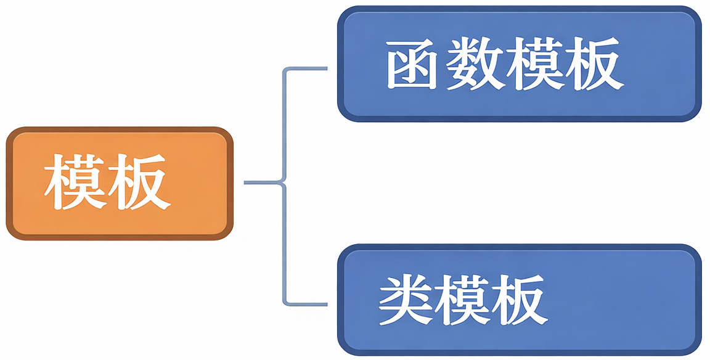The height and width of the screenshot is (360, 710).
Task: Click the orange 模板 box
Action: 120,183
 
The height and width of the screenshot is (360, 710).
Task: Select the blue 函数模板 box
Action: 519,63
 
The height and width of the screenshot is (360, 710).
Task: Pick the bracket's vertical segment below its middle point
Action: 284,243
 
